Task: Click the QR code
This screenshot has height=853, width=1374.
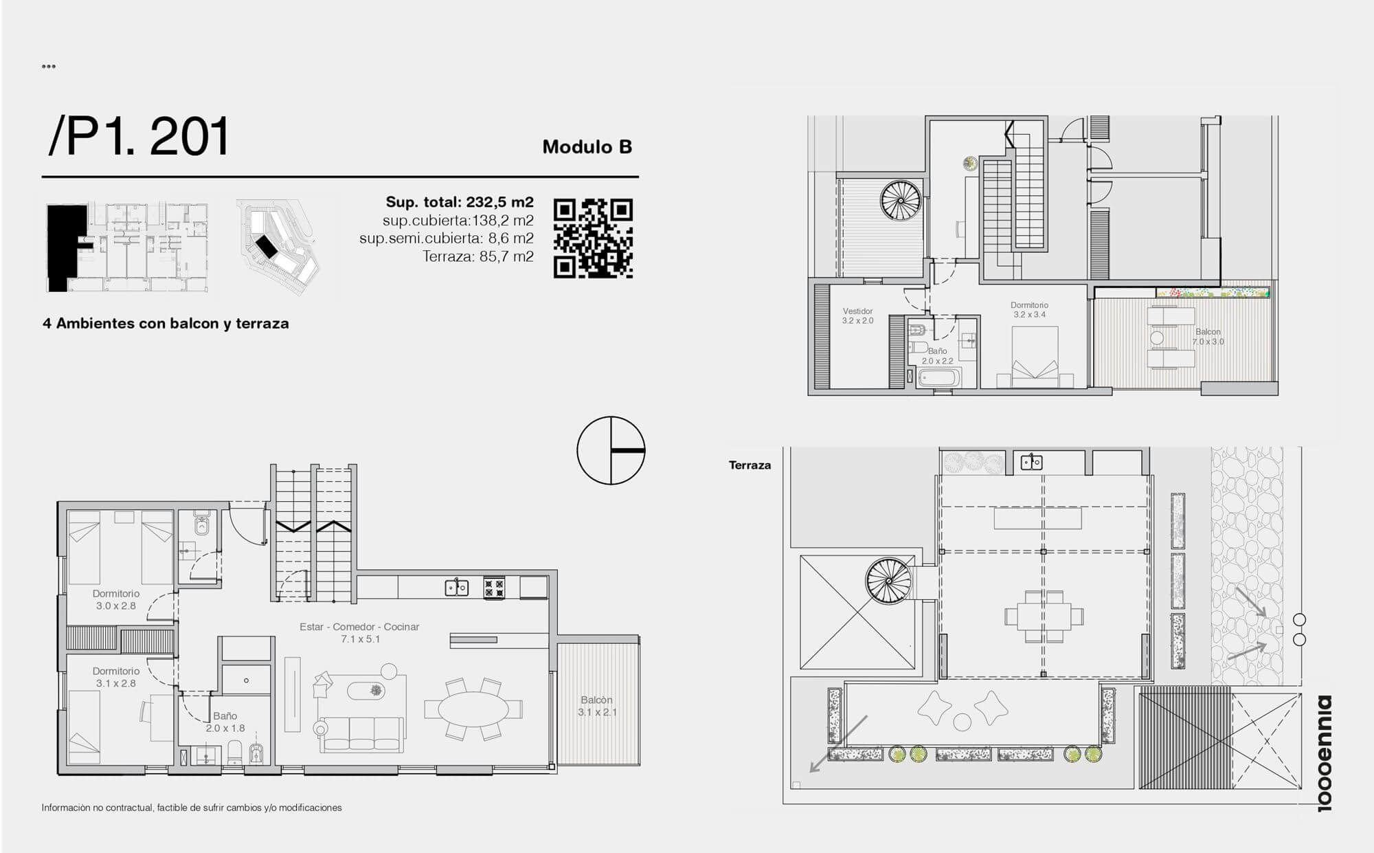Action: (x=593, y=239)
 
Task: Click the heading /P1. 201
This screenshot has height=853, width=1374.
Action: (x=138, y=137)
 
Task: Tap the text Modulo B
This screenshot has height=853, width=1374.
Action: (x=587, y=147)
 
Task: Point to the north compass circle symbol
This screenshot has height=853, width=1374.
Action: (x=611, y=450)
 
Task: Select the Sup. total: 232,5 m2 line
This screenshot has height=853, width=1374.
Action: (x=460, y=202)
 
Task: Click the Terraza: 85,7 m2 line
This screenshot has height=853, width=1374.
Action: (x=478, y=257)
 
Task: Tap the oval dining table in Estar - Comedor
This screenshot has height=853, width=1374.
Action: (x=473, y=709)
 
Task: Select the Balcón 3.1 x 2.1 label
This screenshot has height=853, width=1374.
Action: (x=597, y=706)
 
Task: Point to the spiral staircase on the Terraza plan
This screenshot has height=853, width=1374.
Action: (x=889, y=581)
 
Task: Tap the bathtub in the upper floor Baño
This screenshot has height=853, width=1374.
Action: (x=939, y=378)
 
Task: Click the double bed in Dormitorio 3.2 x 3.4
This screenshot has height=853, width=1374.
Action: (x=1035, y=352)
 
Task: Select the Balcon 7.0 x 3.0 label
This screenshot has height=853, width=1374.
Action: (x=1208, y=337)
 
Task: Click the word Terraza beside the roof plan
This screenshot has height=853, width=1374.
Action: (x=750, y=465)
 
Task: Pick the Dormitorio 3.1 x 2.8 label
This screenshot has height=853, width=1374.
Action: (x=116, y=677)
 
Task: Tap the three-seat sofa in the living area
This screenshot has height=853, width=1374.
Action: (x=363, y=734)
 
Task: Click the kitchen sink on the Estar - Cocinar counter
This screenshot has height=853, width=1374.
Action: (x=456, y=588)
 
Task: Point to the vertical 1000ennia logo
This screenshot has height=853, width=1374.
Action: (x=1324, y=753)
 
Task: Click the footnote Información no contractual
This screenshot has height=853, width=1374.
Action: (x=192, y=808)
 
